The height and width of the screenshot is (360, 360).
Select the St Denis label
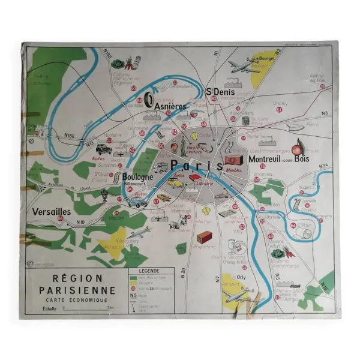click(220, 92)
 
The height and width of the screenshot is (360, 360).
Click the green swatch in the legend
click(133, 278)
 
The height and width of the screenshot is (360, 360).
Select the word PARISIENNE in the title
click(79, 289)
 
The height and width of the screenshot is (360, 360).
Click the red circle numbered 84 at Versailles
click(61, 219)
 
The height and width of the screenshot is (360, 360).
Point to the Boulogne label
click(137, 178)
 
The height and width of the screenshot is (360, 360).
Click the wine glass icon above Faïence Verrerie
click(232, 247)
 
